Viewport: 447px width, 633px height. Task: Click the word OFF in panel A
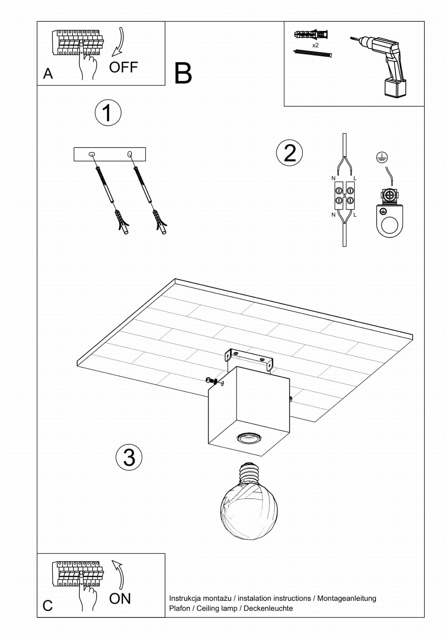(123, 67)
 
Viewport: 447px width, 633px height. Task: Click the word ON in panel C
(120, 599)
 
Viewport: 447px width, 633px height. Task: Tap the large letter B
(183, 74)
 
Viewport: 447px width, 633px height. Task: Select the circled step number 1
(108, 113)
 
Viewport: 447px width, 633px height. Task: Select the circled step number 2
(289, 153)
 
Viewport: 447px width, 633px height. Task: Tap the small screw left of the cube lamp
(211, 380)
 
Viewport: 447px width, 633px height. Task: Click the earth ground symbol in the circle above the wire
(382, 158)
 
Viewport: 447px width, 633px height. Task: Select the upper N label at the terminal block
(333, 178)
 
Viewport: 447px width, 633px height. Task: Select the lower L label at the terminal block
(355, 215)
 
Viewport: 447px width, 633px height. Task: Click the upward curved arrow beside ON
(119, 574)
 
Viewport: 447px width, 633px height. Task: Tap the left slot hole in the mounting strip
(92, 154)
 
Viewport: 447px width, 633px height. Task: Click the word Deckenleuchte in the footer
(268, 608)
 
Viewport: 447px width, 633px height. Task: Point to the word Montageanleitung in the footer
(347, 598)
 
